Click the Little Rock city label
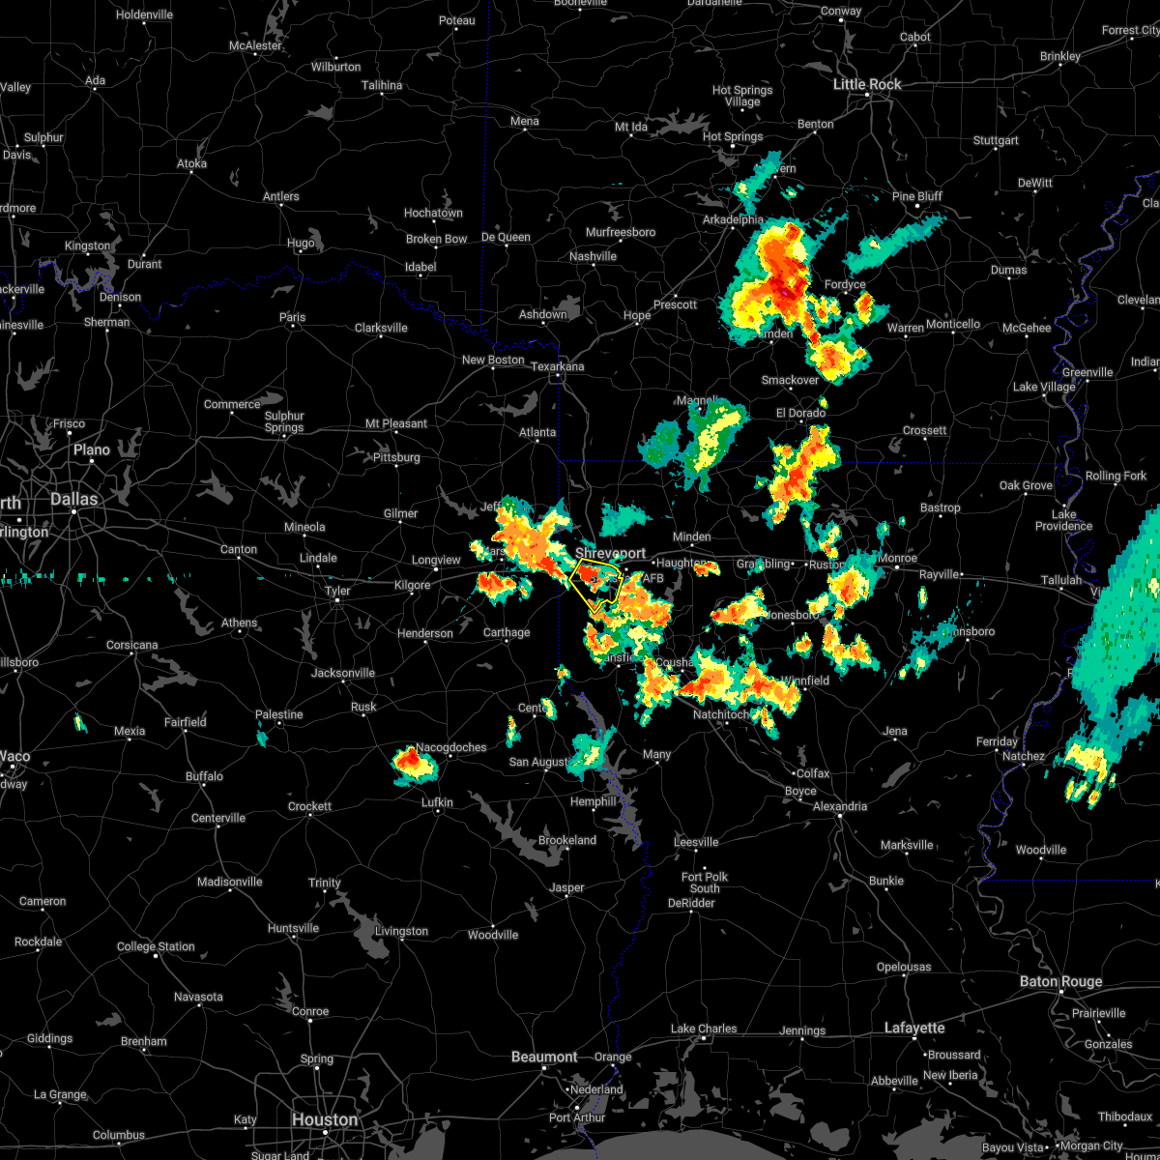click(x=867, y=84)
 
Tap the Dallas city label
click(x=74, y=499)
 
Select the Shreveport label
click(x=610, y=553)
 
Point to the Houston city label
click(x=325, y=1119)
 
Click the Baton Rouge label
click(x=1060, y=981)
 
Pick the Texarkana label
click(x=558, y=366)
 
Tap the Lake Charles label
click(x=704, y=1029)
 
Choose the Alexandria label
click(x=840, y=806)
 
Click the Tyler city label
click(x=336, y=590)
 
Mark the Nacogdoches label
click(x=451, y=747)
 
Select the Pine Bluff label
click(x=916, y=196)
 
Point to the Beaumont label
click(x=544, y=1057)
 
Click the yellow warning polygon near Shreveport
click(x=595, y=580)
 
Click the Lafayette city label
click(x=914, y=1028)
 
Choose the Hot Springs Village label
click(x=742, y=96)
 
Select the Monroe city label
click(x=897, y=558)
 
